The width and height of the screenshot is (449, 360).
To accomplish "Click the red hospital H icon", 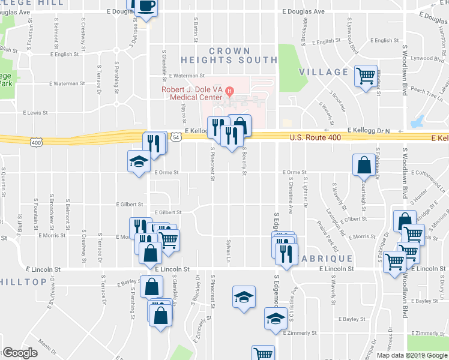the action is [x=228, y=90].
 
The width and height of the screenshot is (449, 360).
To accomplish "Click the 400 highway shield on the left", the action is [x=36, y=142].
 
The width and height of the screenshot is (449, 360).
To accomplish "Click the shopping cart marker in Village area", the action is [x=365, y=76].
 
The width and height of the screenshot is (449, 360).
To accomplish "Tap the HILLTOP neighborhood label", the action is [x=17, y=281].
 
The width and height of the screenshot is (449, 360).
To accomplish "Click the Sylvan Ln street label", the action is [x=228, y=252].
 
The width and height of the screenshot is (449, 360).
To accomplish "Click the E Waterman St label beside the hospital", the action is [x=187, y=76].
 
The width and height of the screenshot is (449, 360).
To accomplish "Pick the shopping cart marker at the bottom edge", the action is [x=263, y=353].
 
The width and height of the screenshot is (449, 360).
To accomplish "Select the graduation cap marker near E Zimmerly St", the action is [x=276, y=317].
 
